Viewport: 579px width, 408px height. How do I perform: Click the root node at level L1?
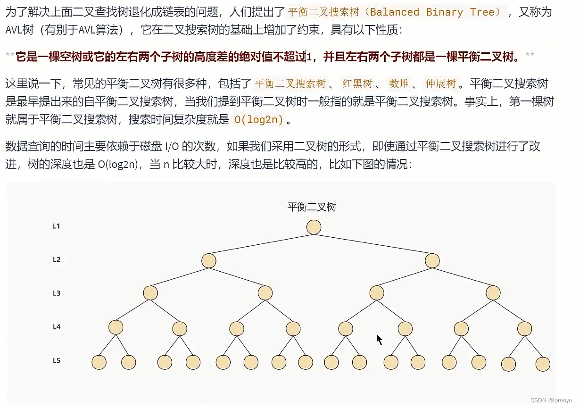pos(314,227)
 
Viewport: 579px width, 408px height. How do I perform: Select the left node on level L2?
pos(208,260)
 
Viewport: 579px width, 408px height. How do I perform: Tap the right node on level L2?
pos(432,260)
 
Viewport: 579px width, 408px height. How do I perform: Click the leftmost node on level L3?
pos(150,293)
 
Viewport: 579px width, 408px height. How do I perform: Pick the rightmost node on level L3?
pos(493,293)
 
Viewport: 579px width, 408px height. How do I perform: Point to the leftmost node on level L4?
pos(116,327)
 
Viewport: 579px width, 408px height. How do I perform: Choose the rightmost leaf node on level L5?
pos(543,364)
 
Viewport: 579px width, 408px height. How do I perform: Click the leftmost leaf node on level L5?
pos(99,362)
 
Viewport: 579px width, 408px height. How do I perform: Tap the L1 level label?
pos(57,226)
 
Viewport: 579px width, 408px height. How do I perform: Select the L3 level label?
pos(57,293)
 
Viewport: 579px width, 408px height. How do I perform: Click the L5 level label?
pos(57,361)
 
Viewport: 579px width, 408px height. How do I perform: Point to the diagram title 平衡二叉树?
pos(312,207)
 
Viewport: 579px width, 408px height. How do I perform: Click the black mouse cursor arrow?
pos(379,339)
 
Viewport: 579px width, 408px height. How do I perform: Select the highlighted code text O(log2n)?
pos(259,120)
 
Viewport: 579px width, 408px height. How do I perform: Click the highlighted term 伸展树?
pos(441,84)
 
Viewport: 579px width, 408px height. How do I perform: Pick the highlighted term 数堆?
pos(399,84)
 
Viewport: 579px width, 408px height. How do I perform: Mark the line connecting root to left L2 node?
pos(261,244)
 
